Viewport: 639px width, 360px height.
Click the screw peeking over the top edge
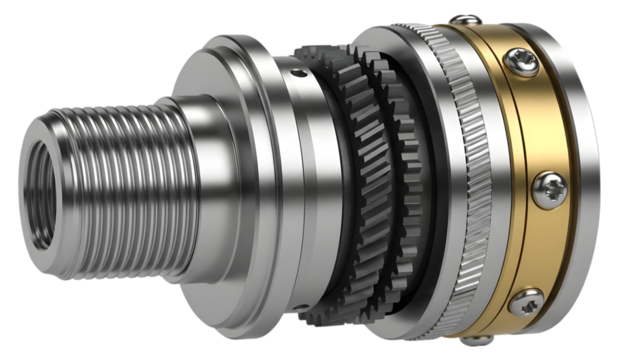pyautogui.click(x=461, y=19)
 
